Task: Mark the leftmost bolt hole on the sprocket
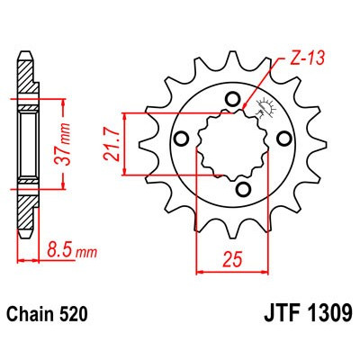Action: tap(180, 138)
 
